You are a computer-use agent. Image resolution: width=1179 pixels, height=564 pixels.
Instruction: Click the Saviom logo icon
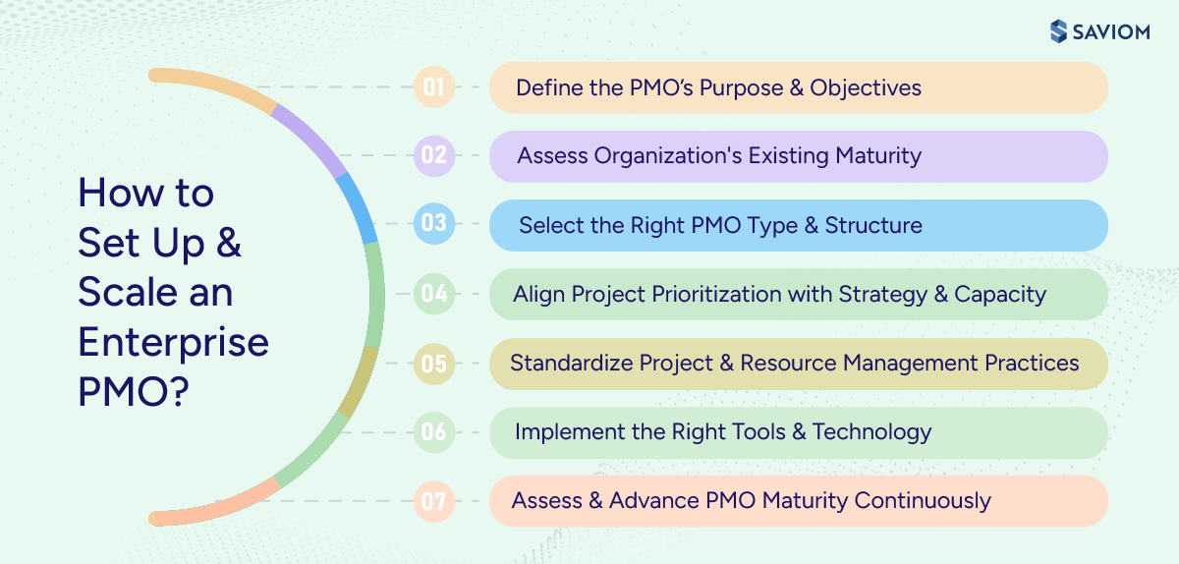tap(1057, 31)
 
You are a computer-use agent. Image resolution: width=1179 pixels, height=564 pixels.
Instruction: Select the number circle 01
tap(434, 86)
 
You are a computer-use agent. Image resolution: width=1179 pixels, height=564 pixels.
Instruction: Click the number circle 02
tap(434, 155)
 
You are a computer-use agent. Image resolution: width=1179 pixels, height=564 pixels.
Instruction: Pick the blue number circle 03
tap(434, 224)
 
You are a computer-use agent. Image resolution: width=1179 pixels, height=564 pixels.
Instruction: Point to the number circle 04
tap(434, 294)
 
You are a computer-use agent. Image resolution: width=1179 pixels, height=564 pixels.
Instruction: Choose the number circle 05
tap(434, 363)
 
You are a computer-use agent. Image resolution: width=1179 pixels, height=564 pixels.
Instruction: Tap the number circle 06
tap(434, 431)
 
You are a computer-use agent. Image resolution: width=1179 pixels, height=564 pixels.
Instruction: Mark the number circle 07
tap(434, 501)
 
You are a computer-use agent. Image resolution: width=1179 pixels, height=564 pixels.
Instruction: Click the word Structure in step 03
tap(873, 225)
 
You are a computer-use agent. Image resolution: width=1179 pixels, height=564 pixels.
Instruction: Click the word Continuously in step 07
tap(923, 500)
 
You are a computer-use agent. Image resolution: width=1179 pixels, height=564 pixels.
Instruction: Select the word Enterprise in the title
tap(173, 343)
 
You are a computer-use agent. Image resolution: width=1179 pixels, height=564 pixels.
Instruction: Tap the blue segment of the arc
tap(356, 206)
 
